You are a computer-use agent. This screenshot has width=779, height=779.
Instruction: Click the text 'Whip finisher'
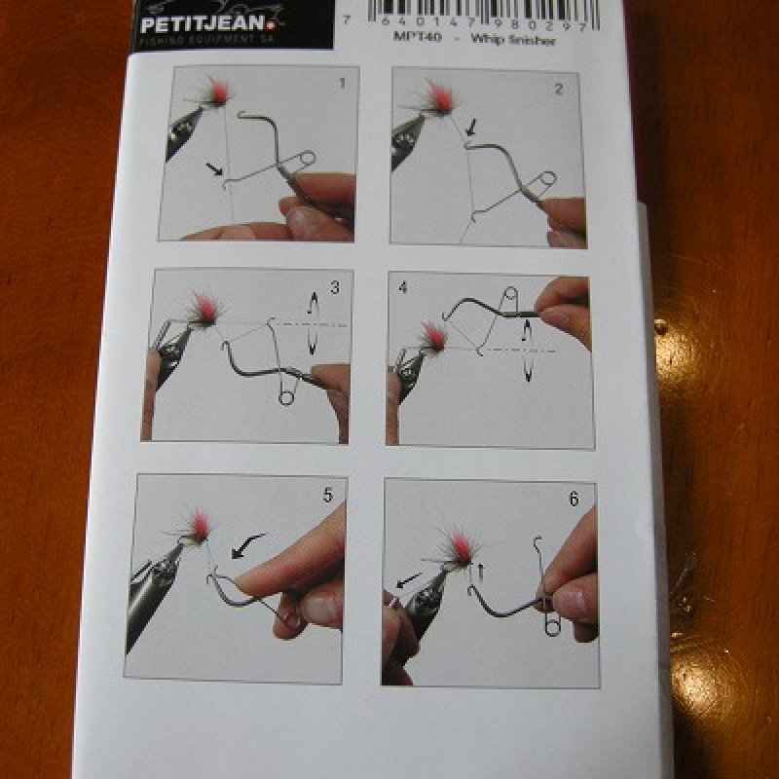click(515, 40)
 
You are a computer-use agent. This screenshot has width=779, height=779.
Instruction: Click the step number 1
click(342, 83)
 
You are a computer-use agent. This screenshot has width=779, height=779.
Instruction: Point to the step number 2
click(558, 89)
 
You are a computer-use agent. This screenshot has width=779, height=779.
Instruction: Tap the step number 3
click(334, 287)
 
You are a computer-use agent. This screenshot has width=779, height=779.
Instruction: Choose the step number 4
click(404, 289)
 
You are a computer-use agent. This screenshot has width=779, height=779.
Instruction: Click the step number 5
click(327, 495)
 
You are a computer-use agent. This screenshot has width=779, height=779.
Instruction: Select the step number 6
click(574, 499)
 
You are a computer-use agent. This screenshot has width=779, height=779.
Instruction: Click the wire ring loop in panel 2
click(546, 180)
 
